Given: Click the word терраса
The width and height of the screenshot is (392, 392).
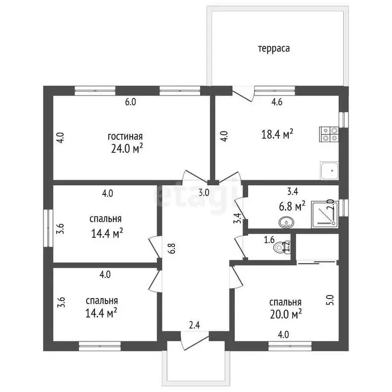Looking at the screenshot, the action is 274,48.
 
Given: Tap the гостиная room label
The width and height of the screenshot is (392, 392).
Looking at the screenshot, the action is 125,136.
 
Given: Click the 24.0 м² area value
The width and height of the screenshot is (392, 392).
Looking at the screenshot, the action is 127,149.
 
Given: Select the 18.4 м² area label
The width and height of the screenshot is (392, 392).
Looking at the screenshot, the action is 277,134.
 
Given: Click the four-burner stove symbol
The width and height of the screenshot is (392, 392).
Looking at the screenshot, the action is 329,134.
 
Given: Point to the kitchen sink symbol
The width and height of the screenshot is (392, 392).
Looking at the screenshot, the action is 330,171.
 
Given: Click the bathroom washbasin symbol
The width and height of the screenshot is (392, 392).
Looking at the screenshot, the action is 286,223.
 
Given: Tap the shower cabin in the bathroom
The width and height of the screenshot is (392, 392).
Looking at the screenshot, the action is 325,215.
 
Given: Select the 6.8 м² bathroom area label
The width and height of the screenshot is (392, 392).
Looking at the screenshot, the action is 292,206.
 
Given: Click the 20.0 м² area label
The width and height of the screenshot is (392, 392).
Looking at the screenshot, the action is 286,314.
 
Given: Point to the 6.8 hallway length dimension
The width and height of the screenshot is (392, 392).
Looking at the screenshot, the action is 172,249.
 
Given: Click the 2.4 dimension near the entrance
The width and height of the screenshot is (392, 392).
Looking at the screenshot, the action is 194,325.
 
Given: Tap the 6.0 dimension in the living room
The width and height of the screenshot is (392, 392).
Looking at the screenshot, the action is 131,102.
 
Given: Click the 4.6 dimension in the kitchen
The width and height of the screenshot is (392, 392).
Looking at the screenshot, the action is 277,102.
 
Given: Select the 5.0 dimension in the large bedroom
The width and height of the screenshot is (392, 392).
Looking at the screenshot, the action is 330,300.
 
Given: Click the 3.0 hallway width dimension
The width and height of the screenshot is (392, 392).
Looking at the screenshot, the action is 204,192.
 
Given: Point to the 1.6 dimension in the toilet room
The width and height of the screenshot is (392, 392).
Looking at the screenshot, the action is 269,240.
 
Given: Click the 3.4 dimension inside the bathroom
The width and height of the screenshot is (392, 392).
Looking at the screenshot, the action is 292,191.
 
